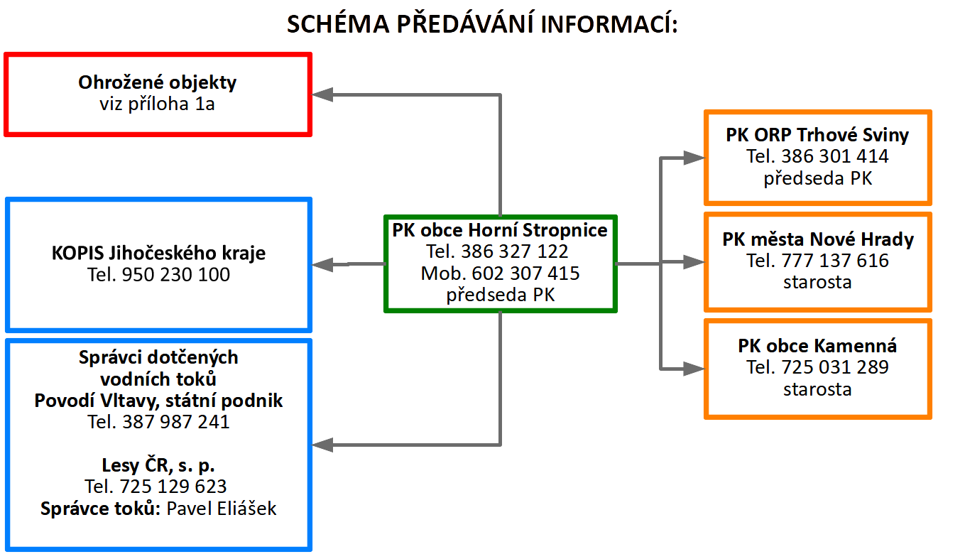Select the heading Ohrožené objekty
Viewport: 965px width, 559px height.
point(157,82)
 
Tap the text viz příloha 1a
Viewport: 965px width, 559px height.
point(157,104)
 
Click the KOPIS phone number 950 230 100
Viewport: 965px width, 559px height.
point(176,275)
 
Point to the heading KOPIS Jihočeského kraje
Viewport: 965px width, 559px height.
point(158,253)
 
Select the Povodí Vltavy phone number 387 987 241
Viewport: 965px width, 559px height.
point(176,422)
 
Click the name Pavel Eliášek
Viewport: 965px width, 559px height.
point(222,509)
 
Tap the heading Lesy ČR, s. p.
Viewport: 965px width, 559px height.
point(158,465)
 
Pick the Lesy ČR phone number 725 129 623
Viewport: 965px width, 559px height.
point(173,487)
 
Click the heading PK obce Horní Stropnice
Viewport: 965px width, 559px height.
point(500,230)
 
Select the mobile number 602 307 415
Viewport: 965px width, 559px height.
point(525,273)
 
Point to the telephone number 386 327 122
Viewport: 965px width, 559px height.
point(515,251)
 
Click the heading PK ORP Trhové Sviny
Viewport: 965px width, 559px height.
point(817,135)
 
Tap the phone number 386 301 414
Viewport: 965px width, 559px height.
point(835,156)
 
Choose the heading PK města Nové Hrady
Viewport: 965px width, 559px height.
point(818,239)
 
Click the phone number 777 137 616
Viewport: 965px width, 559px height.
point(835,260)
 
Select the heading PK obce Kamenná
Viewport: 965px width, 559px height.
point(817,346)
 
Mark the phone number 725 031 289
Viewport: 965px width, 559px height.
point(835,367)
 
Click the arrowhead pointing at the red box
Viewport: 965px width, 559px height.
point(322,94)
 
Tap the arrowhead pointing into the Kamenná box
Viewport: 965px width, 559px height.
point(694,369)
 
